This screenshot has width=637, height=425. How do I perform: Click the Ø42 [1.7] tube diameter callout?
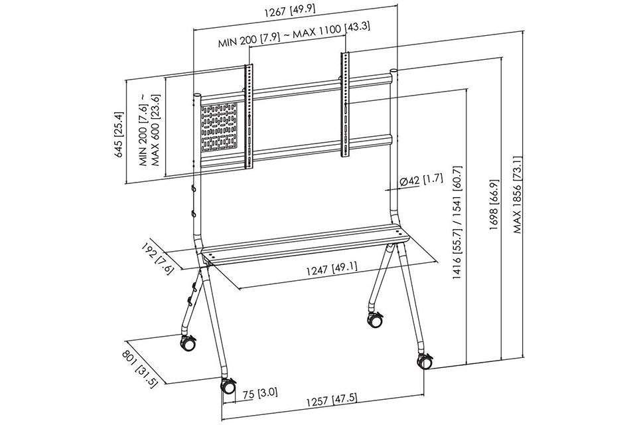[x=421, y=181]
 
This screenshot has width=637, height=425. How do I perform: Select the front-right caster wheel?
[x=425, y=361]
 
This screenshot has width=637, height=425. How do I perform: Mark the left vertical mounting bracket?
[x=249, y=116]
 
